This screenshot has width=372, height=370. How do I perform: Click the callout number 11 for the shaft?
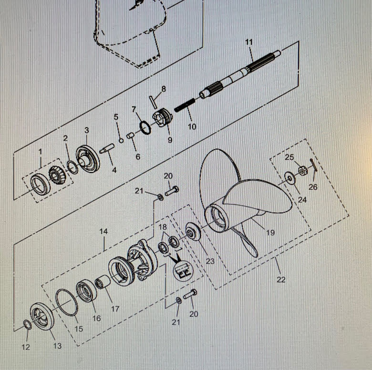pos(249,42)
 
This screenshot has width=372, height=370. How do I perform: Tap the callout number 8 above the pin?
pos(164,89)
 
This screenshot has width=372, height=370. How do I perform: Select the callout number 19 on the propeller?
pos(270,233)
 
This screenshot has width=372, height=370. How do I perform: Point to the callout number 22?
pos(281,279)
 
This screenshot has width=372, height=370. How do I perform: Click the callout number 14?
pos(103,231)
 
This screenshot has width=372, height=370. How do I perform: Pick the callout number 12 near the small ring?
pos(26,347)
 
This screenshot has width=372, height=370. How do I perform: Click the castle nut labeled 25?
pos(301,170)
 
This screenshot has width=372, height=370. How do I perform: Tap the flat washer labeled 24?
pos(289,178)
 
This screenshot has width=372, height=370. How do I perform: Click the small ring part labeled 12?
pos(27,325)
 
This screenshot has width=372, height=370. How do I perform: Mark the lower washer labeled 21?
pos(178,300)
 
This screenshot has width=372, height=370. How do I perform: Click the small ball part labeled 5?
pos(122,140)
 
